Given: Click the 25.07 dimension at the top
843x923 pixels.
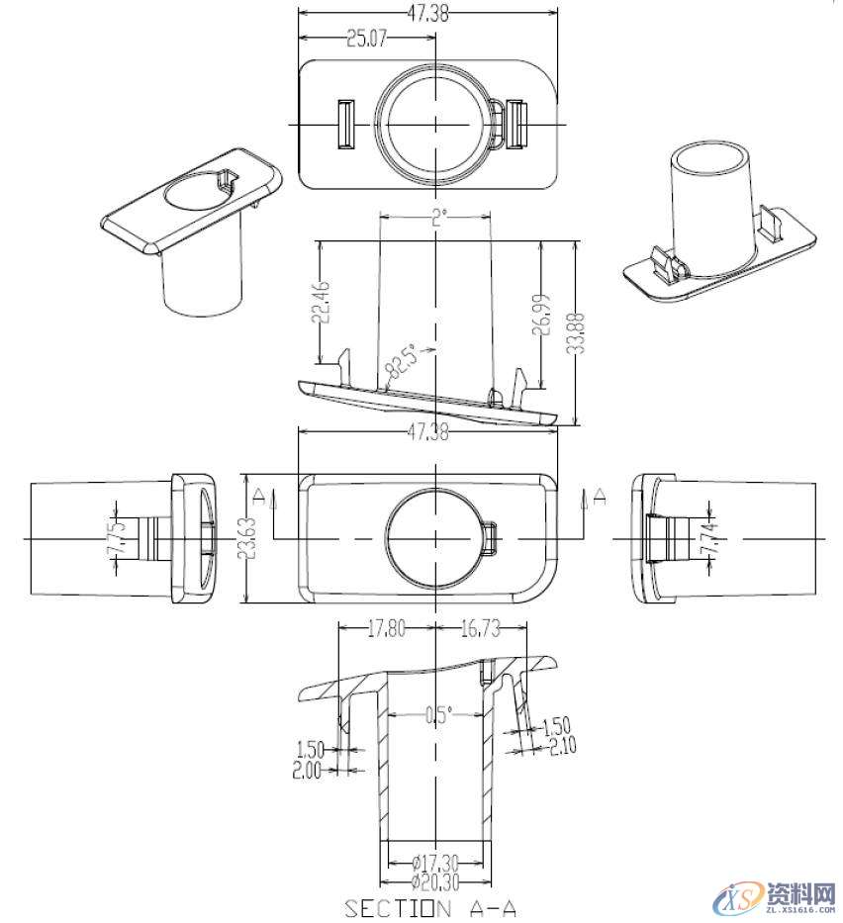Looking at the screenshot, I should click(x=365, y=39).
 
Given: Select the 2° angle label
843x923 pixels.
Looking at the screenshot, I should click(x=437, y=219).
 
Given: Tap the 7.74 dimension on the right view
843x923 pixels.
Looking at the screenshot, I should click(x=709, y=539).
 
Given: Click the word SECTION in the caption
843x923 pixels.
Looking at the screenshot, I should click(x=389, y=907).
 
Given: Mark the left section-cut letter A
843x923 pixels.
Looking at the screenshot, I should click(x=256, y=494).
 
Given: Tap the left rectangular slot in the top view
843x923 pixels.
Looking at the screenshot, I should click(x=346, y=125).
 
